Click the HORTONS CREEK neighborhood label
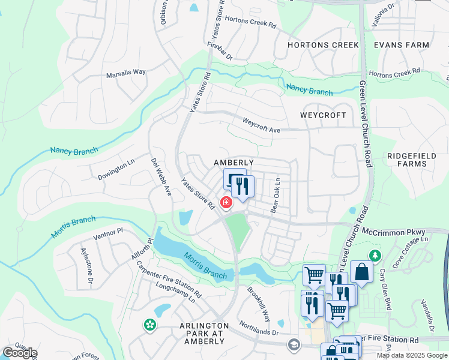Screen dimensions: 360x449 323,45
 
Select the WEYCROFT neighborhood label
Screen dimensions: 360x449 323,115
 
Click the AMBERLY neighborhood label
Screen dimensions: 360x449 235,163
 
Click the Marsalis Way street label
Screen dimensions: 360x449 126,72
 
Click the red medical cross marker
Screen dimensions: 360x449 226,203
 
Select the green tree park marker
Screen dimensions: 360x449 376,256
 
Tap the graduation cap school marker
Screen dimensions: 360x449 294,344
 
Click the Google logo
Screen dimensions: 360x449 19,353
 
